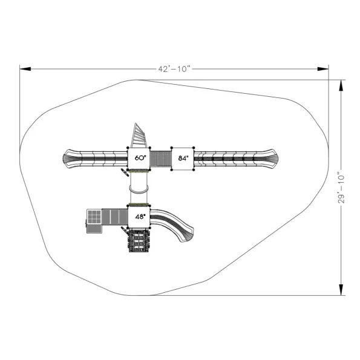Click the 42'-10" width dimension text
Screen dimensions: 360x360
coord(174,69)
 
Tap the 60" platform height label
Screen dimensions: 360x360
coord(140,158)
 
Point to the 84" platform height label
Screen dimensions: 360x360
coord(183,158)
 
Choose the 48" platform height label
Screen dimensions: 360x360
coord(140,217)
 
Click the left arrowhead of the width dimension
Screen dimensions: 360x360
coord(25,69)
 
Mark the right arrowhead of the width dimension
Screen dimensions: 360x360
coord(323,69)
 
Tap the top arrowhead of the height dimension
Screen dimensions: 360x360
coord(341,86)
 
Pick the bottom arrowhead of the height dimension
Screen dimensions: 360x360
coord(341,290)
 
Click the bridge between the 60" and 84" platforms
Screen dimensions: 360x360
coord(161,159)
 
